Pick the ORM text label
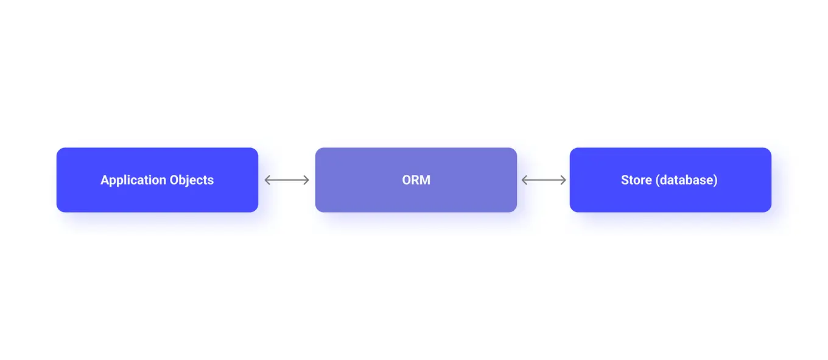416,180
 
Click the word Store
636,180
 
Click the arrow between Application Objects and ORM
287,180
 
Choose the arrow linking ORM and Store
544,180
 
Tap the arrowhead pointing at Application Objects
267,180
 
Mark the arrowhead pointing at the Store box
564,180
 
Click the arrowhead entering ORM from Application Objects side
307,180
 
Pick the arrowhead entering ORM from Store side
524,180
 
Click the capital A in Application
105,180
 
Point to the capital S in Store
625,180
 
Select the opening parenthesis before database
658,180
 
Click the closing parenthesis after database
716,180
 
